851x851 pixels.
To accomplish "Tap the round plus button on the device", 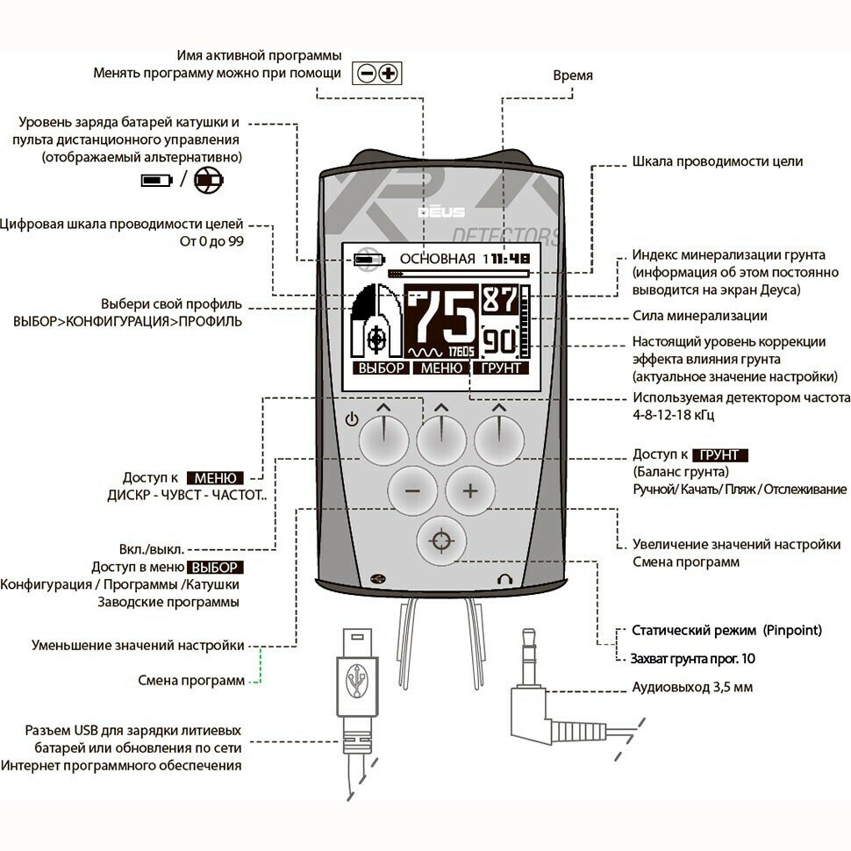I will pos(470,490).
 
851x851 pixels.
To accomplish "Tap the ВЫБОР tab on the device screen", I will pos(380,368).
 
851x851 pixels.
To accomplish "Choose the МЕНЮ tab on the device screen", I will pos(440,368).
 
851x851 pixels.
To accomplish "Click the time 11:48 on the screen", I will pos(510,259).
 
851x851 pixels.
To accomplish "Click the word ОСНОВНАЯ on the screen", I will pos(437,259).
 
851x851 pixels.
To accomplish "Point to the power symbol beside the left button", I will pos(352,419).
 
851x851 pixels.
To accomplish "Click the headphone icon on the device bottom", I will pos(504,579).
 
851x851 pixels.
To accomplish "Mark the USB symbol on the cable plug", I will pos(357,680).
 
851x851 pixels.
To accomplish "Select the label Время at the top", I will pos(572,75).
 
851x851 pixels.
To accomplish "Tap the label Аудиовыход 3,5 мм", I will pos(691,687).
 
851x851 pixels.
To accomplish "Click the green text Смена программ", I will pos(191,680).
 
